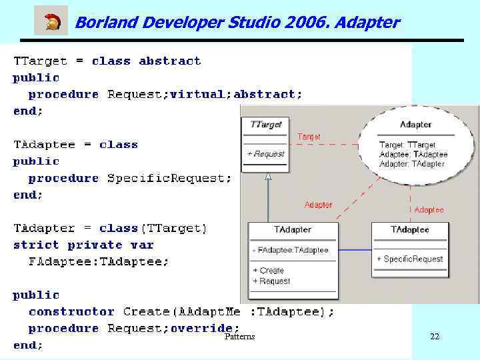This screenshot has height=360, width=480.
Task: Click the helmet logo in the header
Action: pyautogui.click(x=51, y=21)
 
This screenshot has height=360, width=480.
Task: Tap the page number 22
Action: pyautogui.click(x=435, y=337)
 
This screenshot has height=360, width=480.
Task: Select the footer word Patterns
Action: pyautogui.click(x=239, y=337)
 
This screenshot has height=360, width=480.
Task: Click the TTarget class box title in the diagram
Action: pyautogui.click(x=265, y=124)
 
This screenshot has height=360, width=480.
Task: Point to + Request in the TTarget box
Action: pyautogui.click(x=265, y=154)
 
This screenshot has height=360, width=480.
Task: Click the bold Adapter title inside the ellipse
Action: pyautogui.click(x=415, y=125)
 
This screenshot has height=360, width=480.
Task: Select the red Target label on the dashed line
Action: pyautogui.click(x=309, y=137)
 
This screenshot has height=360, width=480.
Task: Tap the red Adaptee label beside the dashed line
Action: pyautogui.click(x=429, y=209)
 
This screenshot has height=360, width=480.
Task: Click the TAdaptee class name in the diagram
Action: pyautogui.click(x=409, y=230)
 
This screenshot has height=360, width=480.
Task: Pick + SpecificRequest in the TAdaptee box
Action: pyautogui.click(x=409, y=259)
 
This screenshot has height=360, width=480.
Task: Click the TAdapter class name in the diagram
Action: pyautogui.click(x=293, y=230)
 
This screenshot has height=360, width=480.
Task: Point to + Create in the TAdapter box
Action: pyautogui.click(x=268, y=271)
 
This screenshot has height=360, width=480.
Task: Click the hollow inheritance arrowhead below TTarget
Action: pyautogui.click(x=268, y=177)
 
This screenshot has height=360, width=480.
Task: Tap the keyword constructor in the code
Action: pyautogui.click(x=71, y=311)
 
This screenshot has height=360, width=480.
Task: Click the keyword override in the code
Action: pyautogui.click(x=205, y=328)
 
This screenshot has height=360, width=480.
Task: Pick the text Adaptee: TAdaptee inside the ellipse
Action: pyautogui.click(x=413, y=154)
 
